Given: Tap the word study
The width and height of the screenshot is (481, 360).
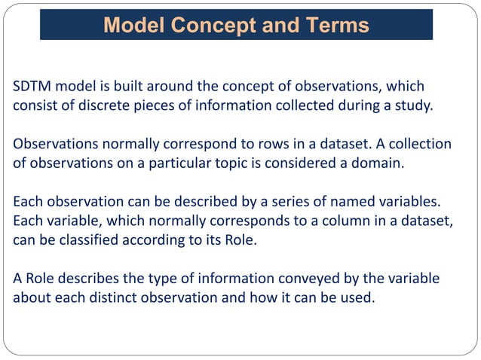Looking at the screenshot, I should point(413,105).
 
